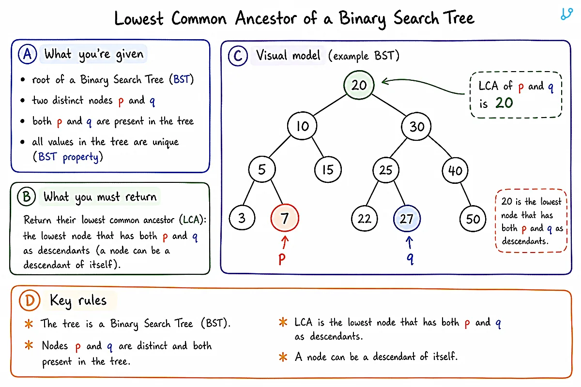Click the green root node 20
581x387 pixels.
tap(359, 85)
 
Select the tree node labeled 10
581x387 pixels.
tap(302, 126)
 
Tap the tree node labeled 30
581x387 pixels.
tap(416, 126)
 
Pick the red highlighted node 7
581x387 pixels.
tap(285, 218)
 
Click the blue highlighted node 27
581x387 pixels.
tap(407, 219)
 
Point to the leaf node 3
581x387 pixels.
tap(242, 218)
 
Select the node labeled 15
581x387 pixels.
tap(328, 170)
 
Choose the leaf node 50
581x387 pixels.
tap(473, 219)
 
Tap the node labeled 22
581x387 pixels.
tap(365, 219)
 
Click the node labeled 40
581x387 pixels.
tap(455, 171)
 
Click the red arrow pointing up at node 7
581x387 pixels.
tap(285, 242)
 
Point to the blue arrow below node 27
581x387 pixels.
tap(409, 243)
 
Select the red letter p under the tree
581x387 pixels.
tap(282, 259)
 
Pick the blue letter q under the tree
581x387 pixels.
tap(410, 258)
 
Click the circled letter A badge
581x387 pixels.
tap(28, 55)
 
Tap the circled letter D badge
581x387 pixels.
tap(30, 300)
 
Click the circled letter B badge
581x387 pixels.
tap(27, 196)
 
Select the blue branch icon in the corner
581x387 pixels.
tap(566, 14)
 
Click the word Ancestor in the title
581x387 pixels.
tap(266, 18)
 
